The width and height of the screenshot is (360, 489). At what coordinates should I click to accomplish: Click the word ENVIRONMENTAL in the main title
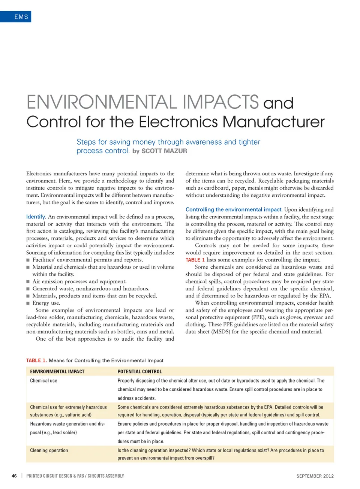point(102,102)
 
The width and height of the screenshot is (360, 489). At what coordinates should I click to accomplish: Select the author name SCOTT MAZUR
point(164,151)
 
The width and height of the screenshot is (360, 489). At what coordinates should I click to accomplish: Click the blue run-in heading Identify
point(36,217)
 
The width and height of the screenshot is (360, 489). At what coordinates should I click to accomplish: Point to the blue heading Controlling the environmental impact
point(234,209)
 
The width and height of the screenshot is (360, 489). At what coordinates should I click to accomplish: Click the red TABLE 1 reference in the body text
point(195,260)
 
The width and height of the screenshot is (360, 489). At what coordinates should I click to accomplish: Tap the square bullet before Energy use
point(28,303)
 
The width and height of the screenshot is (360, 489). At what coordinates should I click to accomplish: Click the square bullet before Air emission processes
point(28,281)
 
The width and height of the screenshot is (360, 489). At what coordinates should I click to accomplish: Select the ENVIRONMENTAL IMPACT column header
point(57,372)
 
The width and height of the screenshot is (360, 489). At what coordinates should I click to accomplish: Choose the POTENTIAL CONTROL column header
point(139,372)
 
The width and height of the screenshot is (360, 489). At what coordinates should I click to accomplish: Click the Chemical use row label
point(43,381)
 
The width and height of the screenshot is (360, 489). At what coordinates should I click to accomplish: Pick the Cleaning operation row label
point(49,450)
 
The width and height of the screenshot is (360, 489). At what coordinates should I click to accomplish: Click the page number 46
point(14,476)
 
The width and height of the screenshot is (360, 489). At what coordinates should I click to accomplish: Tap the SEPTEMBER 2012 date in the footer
point(315,476)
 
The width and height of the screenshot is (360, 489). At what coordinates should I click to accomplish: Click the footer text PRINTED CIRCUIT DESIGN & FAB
point(55,476)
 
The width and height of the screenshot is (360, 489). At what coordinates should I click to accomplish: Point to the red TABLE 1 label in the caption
point(36,360)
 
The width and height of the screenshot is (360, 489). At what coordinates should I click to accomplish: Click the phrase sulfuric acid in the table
point(78,415)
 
